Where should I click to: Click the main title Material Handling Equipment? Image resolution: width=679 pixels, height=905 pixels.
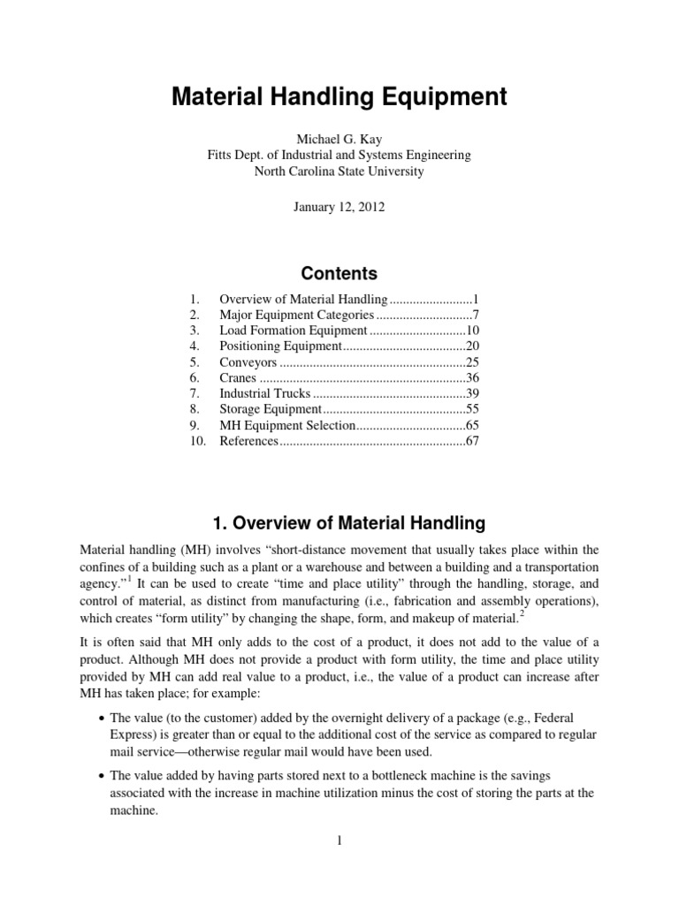tap(339, 97)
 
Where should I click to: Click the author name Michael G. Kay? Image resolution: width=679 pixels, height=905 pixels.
tap(339, 139)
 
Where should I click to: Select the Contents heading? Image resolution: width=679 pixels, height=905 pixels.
tap(339, 273)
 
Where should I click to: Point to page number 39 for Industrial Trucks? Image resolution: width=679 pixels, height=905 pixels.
tap(471, 394)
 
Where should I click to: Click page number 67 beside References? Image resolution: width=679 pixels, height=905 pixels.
tap(471, 441)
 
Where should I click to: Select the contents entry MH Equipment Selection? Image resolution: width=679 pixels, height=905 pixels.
tap(287, 425)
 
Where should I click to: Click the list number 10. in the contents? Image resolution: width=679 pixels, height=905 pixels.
tap(197, 441)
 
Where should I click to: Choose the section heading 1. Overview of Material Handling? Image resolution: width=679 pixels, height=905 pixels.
tap(339, 523)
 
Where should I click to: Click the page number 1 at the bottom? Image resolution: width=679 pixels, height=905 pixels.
tap(339, 840)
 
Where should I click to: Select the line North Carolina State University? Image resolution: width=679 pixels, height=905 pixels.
tap(339, 171)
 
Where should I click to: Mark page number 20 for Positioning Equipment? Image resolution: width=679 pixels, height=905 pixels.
tap(471, 346)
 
